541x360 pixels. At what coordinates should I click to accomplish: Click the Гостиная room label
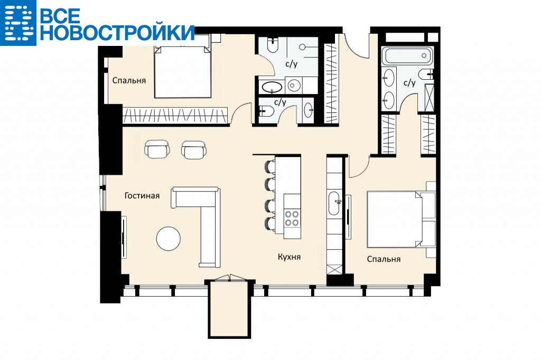[142, 196]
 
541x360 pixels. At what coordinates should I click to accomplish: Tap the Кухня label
[289, 257]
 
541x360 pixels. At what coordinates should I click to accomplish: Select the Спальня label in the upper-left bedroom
[129, 80]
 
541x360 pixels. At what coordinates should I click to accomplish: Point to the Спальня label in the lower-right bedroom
[384, 259]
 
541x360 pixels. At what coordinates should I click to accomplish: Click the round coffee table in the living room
[169, 238]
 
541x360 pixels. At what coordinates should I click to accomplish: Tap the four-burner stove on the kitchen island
[292, 219]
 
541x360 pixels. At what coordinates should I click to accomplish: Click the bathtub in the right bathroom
[407, 56]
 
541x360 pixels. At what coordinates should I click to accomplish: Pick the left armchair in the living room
[157, 149]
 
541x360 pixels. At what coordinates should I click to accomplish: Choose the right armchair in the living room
[194, 150]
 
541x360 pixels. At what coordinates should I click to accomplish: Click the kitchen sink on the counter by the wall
[334, 203]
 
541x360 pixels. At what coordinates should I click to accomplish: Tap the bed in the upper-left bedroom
[182, 72]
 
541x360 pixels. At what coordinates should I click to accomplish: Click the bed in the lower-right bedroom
[397, 220]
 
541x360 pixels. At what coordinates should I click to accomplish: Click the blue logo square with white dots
[18, 23]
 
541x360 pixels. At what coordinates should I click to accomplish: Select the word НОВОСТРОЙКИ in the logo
[117, 32]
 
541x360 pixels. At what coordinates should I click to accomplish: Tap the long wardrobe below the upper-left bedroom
[175, 115]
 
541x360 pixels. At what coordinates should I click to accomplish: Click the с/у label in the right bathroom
[409, 83]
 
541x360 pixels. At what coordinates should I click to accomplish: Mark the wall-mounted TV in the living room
[124, 236]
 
